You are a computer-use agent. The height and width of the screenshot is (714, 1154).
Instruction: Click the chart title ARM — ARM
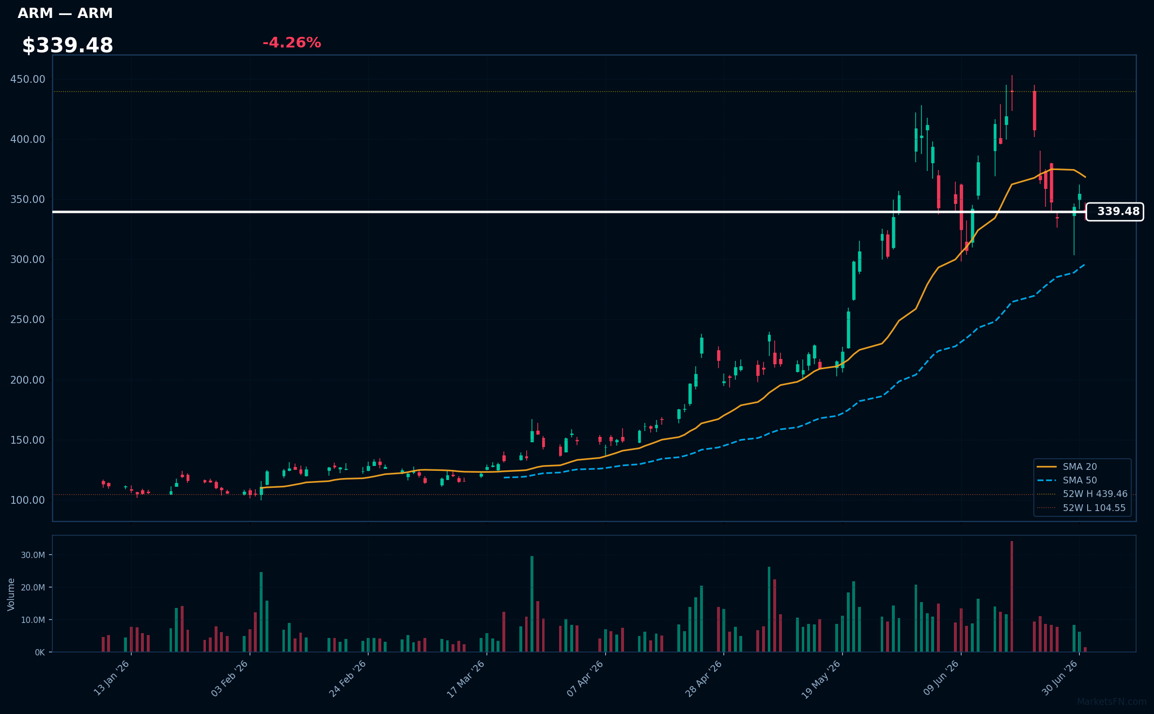coord(65,14)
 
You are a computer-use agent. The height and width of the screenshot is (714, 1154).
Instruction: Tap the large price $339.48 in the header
coord(68,46)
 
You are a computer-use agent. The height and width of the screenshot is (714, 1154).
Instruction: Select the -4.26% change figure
coord(292,43)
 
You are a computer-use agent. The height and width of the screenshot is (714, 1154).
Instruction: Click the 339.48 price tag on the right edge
coord(1115,212)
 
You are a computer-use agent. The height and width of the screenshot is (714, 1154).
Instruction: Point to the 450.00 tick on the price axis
coord(28,79)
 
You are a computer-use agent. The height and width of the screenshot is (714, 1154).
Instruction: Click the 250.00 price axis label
coord(28,320)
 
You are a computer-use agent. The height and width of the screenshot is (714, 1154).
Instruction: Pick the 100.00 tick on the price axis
coord(28,500)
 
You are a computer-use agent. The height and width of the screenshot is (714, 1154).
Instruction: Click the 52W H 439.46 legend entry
coord(1082,494)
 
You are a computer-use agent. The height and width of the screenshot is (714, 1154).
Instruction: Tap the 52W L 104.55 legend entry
coord(1081,508)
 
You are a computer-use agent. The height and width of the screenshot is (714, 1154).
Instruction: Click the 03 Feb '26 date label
coord(230,679)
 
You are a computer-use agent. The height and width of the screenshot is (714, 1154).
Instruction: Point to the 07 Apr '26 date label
coord(585,679)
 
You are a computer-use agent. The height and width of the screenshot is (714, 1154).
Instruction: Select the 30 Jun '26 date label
coord(1060,679)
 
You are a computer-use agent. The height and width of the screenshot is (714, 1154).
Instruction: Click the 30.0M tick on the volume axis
coord(33,555)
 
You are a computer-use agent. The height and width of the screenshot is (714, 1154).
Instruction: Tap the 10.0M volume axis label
coord(33,620)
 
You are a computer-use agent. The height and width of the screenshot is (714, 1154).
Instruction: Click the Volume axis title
coord(11,594)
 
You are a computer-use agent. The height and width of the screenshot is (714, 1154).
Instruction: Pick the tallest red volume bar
coord(1012,596)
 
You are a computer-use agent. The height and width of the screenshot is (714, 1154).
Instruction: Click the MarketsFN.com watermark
coord(1112,702)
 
